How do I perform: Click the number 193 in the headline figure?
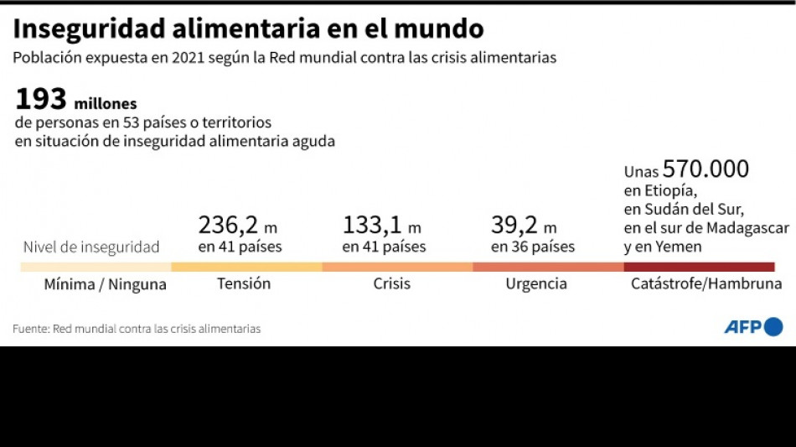[x=40, y=99]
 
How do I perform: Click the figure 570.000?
[x=706, y=169]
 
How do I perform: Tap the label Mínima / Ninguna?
[x=106, y=284]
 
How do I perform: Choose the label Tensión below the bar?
[x=244, y=283]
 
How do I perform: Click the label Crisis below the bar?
[x=392, y=283]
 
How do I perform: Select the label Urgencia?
[x=536, y=283]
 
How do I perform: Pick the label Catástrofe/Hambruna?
[x=706, y=283]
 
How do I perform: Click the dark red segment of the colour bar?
[x=699, y=267]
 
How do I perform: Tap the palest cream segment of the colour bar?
[x=96, y=267]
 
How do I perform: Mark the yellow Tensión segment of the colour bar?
[x=246, y=267]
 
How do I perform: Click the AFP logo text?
[x=742, y=327]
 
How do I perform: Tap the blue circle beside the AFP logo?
[x=773, y=327]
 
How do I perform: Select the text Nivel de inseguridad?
[x=91, y=247]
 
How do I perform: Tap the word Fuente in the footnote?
[x=29, y=329]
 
